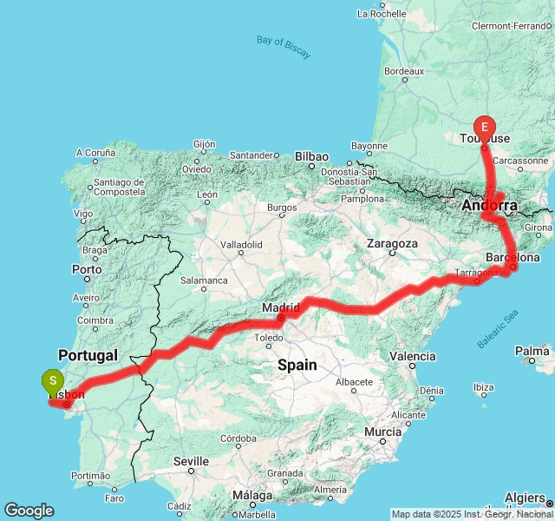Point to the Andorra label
click(x=489, y=206)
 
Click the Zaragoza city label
click(x=393, y=244)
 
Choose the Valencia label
click(x=413, y=356)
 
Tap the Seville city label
click(x=191, y=461)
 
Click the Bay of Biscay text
click(x=284, y=48)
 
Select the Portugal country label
click(x=88, y=356)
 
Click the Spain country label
click(x=297, y=366)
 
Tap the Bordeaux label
click(x=403, y=70)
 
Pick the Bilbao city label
click(x=311, y=157)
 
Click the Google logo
click(x=29, y=511)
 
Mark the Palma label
click(x=531, y=352)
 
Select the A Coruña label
click(x=95, y=153)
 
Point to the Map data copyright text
click(x=471, y=514)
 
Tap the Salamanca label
click(x=204, y=280)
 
